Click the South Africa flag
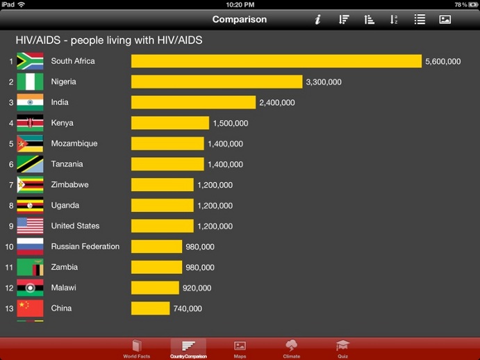click(30, 61)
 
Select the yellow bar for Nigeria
click(217, 82)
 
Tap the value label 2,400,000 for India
click(277, 103)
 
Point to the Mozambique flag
click(30, 144)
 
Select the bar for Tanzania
click(167, 164)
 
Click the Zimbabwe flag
click(30, 185)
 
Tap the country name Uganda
click(65, 205)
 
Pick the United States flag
click(30, 226)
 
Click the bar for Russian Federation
click(156, 247)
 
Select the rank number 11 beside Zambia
click(10, 267)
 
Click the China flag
click(30, 308)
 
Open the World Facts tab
click(136, 348)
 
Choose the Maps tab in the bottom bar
click(240, 348)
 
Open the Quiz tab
click(342, 348)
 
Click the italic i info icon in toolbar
click(317, 19)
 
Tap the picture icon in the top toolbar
click(445, 19)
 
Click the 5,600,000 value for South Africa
click(442, 62)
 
